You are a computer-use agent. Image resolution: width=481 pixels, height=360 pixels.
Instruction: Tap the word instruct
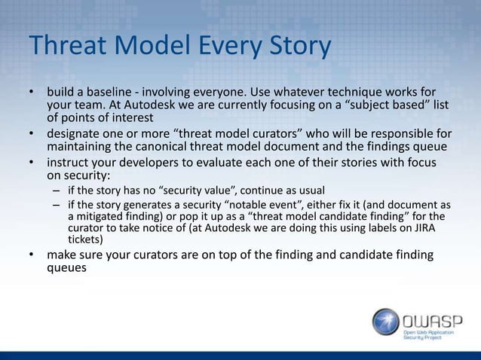coord(71,163)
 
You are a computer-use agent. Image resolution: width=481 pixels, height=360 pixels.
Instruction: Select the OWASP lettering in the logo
coord(434,317)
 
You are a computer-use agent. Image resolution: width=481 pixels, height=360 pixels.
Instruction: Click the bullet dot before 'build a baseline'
coord(32,92)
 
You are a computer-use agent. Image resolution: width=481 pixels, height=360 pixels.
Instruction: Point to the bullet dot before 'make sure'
coord(32,255)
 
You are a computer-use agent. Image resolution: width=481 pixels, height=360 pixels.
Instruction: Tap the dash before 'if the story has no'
coord(57,190)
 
